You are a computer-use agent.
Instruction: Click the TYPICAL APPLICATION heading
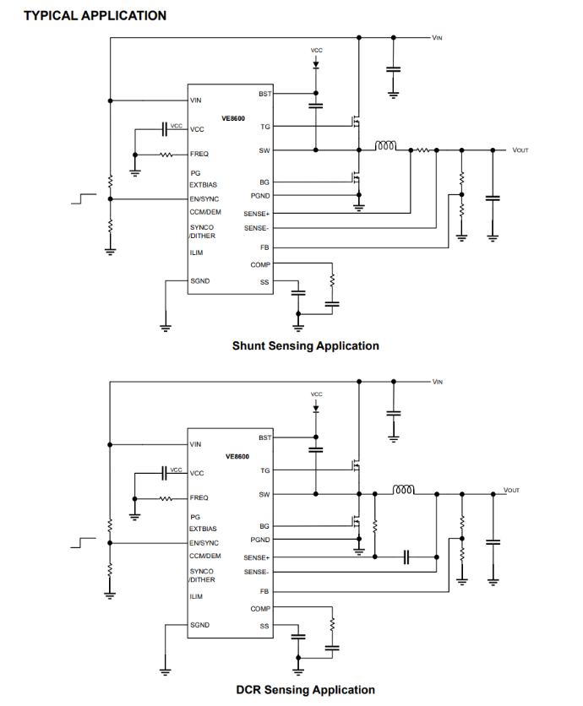95,15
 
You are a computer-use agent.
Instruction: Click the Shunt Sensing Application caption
305,345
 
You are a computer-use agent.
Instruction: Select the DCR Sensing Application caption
305,690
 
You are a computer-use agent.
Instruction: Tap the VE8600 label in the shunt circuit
233,119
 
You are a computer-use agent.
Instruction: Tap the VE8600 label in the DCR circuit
237,456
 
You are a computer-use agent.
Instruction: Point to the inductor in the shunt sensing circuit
385,146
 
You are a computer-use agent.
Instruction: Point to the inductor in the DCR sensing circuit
404,489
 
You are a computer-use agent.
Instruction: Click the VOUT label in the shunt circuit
520,150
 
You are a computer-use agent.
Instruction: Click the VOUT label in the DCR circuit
511,490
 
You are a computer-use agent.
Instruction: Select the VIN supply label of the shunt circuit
437,38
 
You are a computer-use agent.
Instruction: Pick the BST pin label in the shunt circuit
264,94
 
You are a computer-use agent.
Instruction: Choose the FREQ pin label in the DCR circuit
199,498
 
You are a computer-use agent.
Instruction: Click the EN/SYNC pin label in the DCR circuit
204,543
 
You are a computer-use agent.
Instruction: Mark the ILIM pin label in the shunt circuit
196,252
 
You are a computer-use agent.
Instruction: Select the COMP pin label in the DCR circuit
260,609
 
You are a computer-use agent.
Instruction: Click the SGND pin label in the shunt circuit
200,280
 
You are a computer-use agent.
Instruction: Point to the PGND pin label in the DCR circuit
260,540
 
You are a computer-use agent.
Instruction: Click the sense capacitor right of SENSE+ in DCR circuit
406,557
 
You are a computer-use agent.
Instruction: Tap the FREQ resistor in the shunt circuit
166,155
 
